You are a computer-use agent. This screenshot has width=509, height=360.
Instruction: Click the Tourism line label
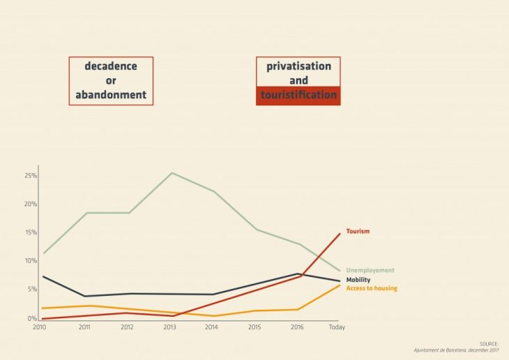pos(358,231)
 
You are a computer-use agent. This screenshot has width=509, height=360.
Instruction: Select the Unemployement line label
pos(370,270)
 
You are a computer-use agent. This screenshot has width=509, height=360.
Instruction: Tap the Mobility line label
pos(358,280)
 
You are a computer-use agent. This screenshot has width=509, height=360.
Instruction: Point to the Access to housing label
pos(372,288)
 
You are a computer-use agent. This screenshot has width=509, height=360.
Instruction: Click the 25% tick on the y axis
pos(31,175)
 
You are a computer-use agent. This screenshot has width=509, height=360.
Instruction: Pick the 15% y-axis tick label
pos(31,232)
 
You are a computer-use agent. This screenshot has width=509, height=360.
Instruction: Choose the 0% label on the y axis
pos(32,319)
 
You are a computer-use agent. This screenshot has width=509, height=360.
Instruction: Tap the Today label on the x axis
pos(337,327)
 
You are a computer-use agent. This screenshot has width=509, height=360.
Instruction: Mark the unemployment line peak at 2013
pos(172,172)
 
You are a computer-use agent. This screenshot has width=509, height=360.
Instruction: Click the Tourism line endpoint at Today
pos(340,233)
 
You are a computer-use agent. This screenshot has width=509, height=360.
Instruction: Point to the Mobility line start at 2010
pos(43,276)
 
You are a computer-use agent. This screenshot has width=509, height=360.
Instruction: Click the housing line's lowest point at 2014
pos(213,316)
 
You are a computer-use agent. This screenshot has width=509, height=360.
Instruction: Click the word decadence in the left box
pos(111,66)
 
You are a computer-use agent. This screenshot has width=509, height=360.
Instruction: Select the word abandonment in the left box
pos(111,95)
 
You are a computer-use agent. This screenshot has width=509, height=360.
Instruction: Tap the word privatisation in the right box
pos(298,66)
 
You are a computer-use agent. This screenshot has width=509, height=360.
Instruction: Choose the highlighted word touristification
pos(298,95)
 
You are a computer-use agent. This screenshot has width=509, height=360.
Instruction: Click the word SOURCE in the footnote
pos(489,344)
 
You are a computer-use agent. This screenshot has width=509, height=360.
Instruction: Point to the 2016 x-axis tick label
pos(297,327)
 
